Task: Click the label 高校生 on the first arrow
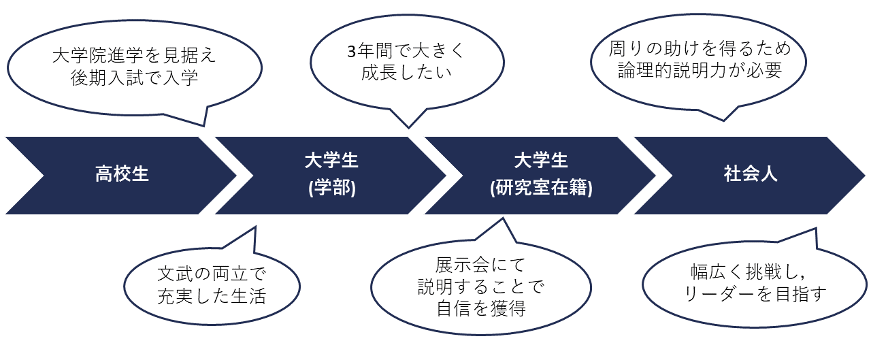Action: click(122, 174)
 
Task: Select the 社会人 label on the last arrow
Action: click(751, 174)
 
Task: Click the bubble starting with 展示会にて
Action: click(480, 286)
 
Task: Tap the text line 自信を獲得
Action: click(480, 308)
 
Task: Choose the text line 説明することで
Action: click(480, 287)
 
